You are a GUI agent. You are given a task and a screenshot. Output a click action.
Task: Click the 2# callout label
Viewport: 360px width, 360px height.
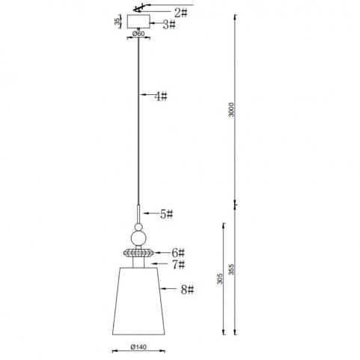point(180,13)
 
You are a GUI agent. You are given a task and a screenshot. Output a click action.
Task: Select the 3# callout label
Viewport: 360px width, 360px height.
point(169,25)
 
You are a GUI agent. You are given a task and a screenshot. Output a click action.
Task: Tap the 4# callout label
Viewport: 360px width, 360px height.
point(161,97)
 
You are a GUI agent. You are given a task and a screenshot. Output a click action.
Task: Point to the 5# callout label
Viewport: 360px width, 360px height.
point(166,214)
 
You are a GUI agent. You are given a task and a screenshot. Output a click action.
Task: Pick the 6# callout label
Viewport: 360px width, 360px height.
point(178,253)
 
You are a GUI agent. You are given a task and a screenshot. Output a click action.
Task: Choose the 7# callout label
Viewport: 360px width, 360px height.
point(179,265)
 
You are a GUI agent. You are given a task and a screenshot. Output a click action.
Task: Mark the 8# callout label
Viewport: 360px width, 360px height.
point(187,290)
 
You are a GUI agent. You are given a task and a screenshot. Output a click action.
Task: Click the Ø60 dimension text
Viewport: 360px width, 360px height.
point(138,34)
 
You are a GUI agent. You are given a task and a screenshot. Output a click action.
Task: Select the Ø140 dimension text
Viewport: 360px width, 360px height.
point(138,347)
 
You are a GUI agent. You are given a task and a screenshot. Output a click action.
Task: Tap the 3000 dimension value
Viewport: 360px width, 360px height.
point(231,109)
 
